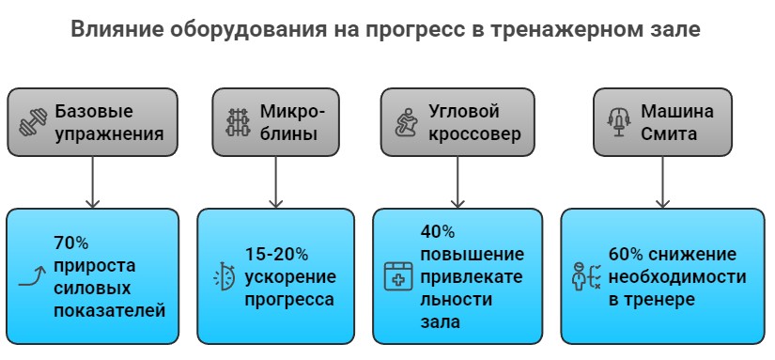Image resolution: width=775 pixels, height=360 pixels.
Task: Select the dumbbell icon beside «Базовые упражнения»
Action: point(32,122)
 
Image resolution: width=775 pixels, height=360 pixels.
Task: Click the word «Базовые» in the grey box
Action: point(94,111)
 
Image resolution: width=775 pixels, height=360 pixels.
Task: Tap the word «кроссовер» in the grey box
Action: point(475,133)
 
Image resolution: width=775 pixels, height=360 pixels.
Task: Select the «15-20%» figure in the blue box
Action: point(276,255)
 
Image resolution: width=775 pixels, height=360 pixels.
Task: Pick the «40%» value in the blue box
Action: point(438,231)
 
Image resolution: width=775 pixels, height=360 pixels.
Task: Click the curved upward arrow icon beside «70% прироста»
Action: point(33,276)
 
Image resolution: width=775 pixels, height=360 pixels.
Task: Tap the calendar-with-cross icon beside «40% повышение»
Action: point(398,276)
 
